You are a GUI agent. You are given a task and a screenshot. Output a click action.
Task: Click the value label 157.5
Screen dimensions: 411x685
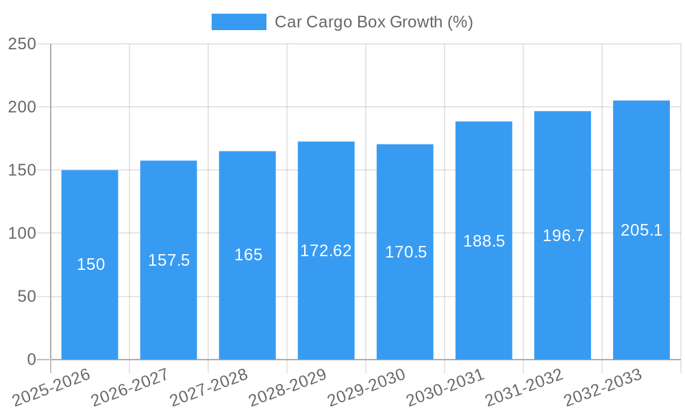click(169, 260)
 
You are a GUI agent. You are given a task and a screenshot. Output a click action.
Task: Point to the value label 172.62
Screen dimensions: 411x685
click(326, 251)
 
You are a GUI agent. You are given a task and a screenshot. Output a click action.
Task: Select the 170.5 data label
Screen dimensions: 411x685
click(406, 252)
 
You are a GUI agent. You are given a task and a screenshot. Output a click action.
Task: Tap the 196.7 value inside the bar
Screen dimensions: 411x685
click(563, 236)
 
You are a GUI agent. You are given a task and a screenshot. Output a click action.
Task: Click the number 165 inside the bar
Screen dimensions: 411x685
click(248, 255)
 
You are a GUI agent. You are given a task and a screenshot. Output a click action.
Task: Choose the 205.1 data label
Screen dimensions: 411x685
click(641, 230)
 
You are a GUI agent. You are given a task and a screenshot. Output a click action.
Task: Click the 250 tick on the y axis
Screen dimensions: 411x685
click(22, 44)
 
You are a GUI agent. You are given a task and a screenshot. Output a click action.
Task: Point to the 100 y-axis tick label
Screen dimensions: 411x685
click(22, 234)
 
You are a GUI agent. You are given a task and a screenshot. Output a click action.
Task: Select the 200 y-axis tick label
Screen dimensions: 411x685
click(22, 107)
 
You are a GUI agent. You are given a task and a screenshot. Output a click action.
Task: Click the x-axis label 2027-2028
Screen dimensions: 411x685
click(209, 388)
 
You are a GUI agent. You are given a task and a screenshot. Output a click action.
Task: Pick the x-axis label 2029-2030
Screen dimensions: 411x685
click(366, 388)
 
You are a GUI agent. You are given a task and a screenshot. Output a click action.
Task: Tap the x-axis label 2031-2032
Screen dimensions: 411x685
click(524, 388)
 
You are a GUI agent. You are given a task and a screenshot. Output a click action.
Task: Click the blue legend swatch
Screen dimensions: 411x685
click(238, 22)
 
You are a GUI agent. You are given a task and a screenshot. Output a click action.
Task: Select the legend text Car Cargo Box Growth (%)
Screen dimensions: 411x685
click(373, 22)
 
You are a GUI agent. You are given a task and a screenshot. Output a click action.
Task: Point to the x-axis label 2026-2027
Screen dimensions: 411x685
click(130, 388)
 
